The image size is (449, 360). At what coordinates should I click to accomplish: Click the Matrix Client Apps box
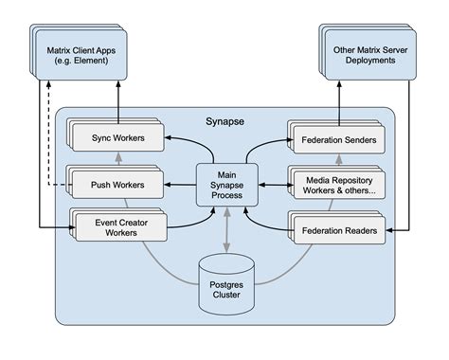(x=79, y=55)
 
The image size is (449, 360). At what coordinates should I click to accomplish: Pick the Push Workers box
(x=117, y=184)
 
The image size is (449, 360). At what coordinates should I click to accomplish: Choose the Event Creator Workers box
(x=117, y=226)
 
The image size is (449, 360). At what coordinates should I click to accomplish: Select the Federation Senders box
(x=336, y=141)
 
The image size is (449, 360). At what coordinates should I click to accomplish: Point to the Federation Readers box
(x=336, y=228)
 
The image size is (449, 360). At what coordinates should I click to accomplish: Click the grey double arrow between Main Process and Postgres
(x=224, y=230)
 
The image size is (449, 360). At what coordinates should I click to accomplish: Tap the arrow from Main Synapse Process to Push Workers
(x=179, y=184)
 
